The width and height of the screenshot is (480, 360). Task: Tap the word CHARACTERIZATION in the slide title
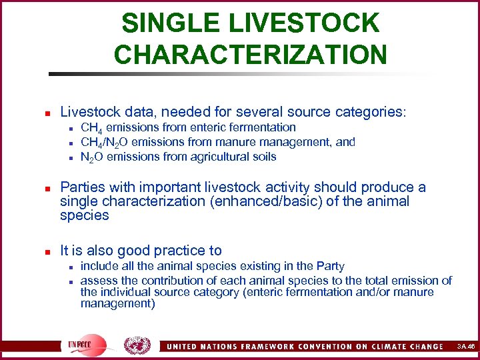(250, 54)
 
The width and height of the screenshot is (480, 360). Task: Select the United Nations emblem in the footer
(137, 345)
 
